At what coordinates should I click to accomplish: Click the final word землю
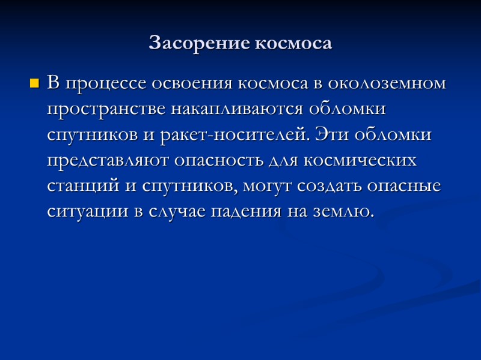click(341, 212)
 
